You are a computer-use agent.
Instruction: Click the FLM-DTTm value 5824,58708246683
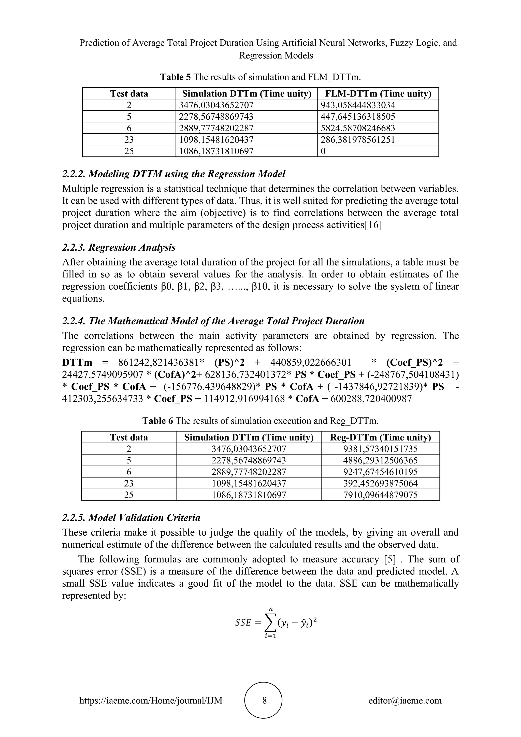coord(358,128)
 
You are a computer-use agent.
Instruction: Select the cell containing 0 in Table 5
coord(323,151)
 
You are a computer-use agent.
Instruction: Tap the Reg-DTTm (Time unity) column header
coord(380,437)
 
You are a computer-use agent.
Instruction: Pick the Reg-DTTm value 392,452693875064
coord(380,483)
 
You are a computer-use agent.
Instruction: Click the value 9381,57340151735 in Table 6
coord(380,449)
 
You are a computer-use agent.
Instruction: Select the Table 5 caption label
coord(175,77)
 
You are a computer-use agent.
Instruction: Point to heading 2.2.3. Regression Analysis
coord(119,247)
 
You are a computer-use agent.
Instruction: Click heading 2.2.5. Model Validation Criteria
coord(131,517)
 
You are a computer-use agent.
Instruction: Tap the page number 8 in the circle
coord(264,700)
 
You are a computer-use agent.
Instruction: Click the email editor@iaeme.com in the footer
coord(405,700)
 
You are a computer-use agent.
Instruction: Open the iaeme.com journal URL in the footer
coord(151,700)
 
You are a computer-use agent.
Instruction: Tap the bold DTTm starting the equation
coord(77,363)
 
